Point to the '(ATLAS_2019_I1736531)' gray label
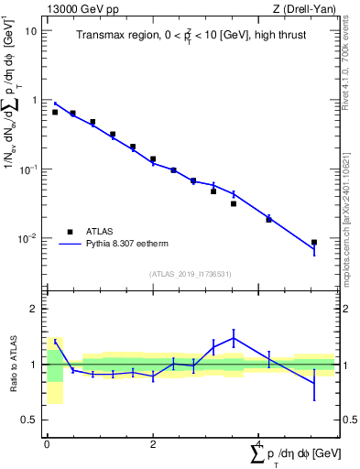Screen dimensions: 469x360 (191, 274)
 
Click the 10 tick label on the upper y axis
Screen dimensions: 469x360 (31, 30)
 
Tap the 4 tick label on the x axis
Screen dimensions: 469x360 (259, 443)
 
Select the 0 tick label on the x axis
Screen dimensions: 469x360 (47, 443)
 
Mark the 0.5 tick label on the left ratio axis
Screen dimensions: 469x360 (31, 420)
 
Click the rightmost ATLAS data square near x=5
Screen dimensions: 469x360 (314, 243)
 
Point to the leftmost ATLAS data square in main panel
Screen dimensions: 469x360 (55, 112)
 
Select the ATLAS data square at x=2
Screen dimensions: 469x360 (153, 159)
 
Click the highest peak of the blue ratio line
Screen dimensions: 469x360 (234, 338)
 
